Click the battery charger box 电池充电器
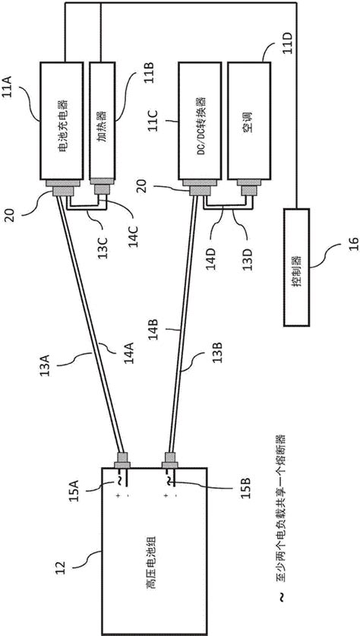(62, 121)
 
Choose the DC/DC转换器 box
(200, 121)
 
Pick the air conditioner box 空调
(249, 121)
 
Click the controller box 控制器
(296, 267)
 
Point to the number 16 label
(353, 246)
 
